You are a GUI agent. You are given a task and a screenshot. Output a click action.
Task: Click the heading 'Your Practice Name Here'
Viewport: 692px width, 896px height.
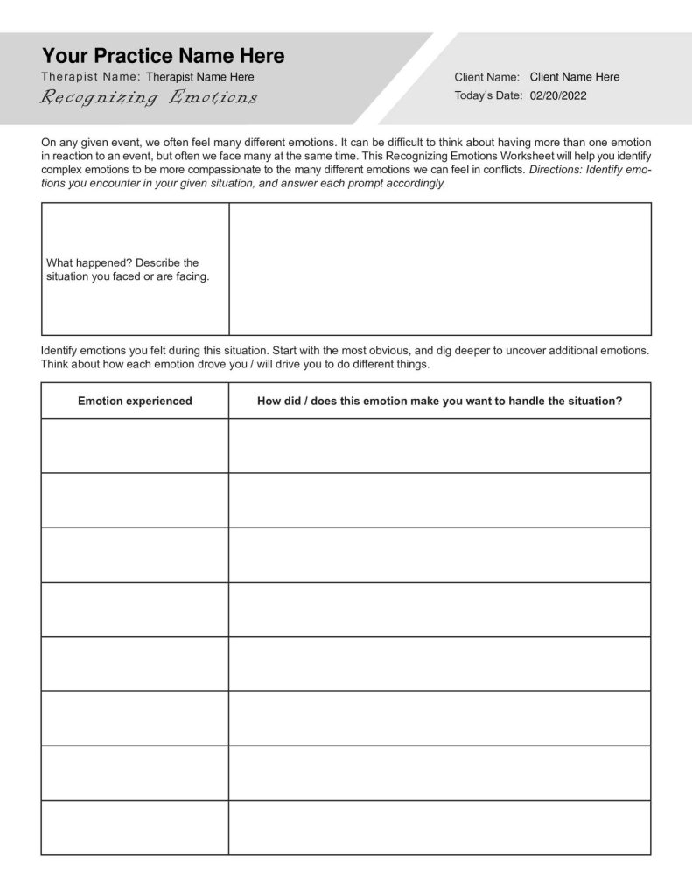tap(163, 56)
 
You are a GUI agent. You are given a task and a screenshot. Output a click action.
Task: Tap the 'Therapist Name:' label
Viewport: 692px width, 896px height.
tap(91, 77)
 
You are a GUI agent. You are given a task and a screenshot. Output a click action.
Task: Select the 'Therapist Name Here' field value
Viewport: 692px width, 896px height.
tap(200, 77)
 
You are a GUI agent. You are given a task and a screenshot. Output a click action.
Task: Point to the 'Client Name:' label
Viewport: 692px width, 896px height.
tap(487, 77)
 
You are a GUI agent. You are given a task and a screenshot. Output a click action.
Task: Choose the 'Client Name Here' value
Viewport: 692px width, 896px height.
tap(574, 77)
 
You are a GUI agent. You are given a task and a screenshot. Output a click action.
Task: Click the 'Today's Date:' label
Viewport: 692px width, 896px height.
tap(488, 95)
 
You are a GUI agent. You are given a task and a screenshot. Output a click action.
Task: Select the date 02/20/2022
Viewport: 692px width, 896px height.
tap(558, 95)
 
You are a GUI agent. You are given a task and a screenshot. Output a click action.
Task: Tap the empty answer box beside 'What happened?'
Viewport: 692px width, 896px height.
tap(440, 269)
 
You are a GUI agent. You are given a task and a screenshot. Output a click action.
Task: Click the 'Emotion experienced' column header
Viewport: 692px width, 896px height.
tap(135, 401)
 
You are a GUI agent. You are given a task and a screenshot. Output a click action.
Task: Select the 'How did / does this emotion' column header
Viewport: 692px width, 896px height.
tap(439, 401)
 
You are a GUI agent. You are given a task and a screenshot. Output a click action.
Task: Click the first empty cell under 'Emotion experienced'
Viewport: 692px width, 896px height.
tap(135, 445)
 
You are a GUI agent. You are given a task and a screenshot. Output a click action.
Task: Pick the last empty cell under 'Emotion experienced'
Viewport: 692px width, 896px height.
tap(135, 827)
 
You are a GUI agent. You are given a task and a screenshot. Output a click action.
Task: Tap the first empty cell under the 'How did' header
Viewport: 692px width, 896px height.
tap(439, 445)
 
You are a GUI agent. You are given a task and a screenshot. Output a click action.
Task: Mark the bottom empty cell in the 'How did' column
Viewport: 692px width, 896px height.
tap(439, 827)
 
